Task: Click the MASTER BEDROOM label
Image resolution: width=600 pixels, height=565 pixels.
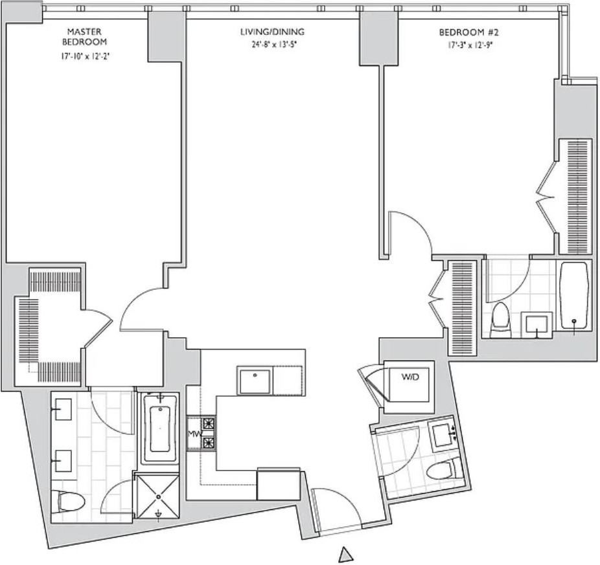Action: pyautogui.click(x=85, y=36)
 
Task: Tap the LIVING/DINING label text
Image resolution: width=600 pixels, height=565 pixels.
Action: pyautogui.click(x=272, y=32)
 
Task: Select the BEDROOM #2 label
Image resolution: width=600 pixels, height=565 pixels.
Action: pyautogui.click(x=468, y=32)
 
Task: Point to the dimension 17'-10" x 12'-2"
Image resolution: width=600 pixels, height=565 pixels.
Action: pyautogui.click(x=87, y=56)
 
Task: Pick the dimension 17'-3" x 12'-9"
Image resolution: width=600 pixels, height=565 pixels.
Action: pyautogui.click(x=470, y=45)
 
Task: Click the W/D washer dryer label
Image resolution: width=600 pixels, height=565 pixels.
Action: pyautogui.click(x=410, y=377)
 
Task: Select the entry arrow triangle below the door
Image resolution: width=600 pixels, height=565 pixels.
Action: pyautogui.click(x=346, y=553)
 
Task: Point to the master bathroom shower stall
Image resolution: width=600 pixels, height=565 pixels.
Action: pyautogui.click(x=158, y=496)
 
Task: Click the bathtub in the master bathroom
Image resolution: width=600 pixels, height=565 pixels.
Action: pyautogui.click(x=160, y=429)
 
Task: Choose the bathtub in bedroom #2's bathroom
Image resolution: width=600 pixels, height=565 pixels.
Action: pyautogui.click(x=574, y=296)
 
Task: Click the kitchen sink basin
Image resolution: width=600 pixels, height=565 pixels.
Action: pyautogui.click(x=255, y=381)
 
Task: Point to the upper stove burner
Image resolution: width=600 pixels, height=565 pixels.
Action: pyautogui.click(x=209, y=423)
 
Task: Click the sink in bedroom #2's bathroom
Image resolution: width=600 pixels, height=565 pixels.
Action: pyautogui.click(x=537, y=325)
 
